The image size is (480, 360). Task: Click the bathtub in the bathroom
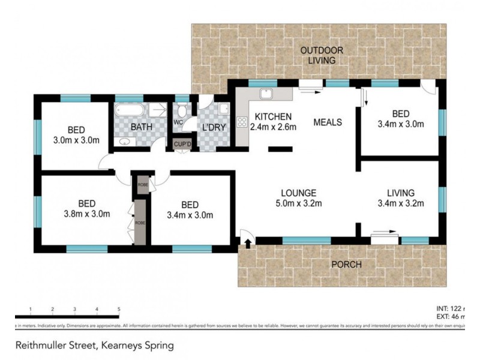[x=128, y=110]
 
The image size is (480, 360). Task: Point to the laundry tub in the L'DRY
[x=223, y=109]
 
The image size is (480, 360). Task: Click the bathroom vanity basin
[x=125, y=142]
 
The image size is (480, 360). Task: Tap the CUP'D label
[x=182, y=144]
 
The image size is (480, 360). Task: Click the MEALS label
[x=328, y=122]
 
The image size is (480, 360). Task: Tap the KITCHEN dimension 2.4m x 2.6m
[x=273, y=127]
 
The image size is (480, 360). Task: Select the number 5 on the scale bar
[x=119, y=309]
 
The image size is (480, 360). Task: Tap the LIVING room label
[x=401, y=193]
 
